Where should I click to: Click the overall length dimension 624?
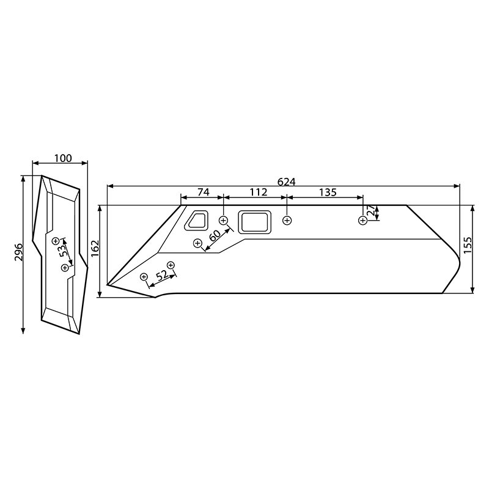pos(286,182)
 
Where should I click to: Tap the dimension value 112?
pos(258,192)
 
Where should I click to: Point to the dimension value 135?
pos(328,192)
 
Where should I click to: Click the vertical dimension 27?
pos(371,212)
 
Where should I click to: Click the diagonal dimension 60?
pos(215,235)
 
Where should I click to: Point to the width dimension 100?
pos(62,158)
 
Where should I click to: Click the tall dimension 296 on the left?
pos(18,252)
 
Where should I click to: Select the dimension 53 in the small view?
pos(64,252)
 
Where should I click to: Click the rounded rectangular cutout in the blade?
pos(254,222)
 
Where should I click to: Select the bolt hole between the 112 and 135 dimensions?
pos(287,220)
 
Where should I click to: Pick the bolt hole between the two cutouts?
pos(223,219)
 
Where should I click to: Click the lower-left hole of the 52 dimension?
pos(144,277)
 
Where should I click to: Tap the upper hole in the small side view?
pos(56,240)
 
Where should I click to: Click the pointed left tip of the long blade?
pos(108,285)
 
